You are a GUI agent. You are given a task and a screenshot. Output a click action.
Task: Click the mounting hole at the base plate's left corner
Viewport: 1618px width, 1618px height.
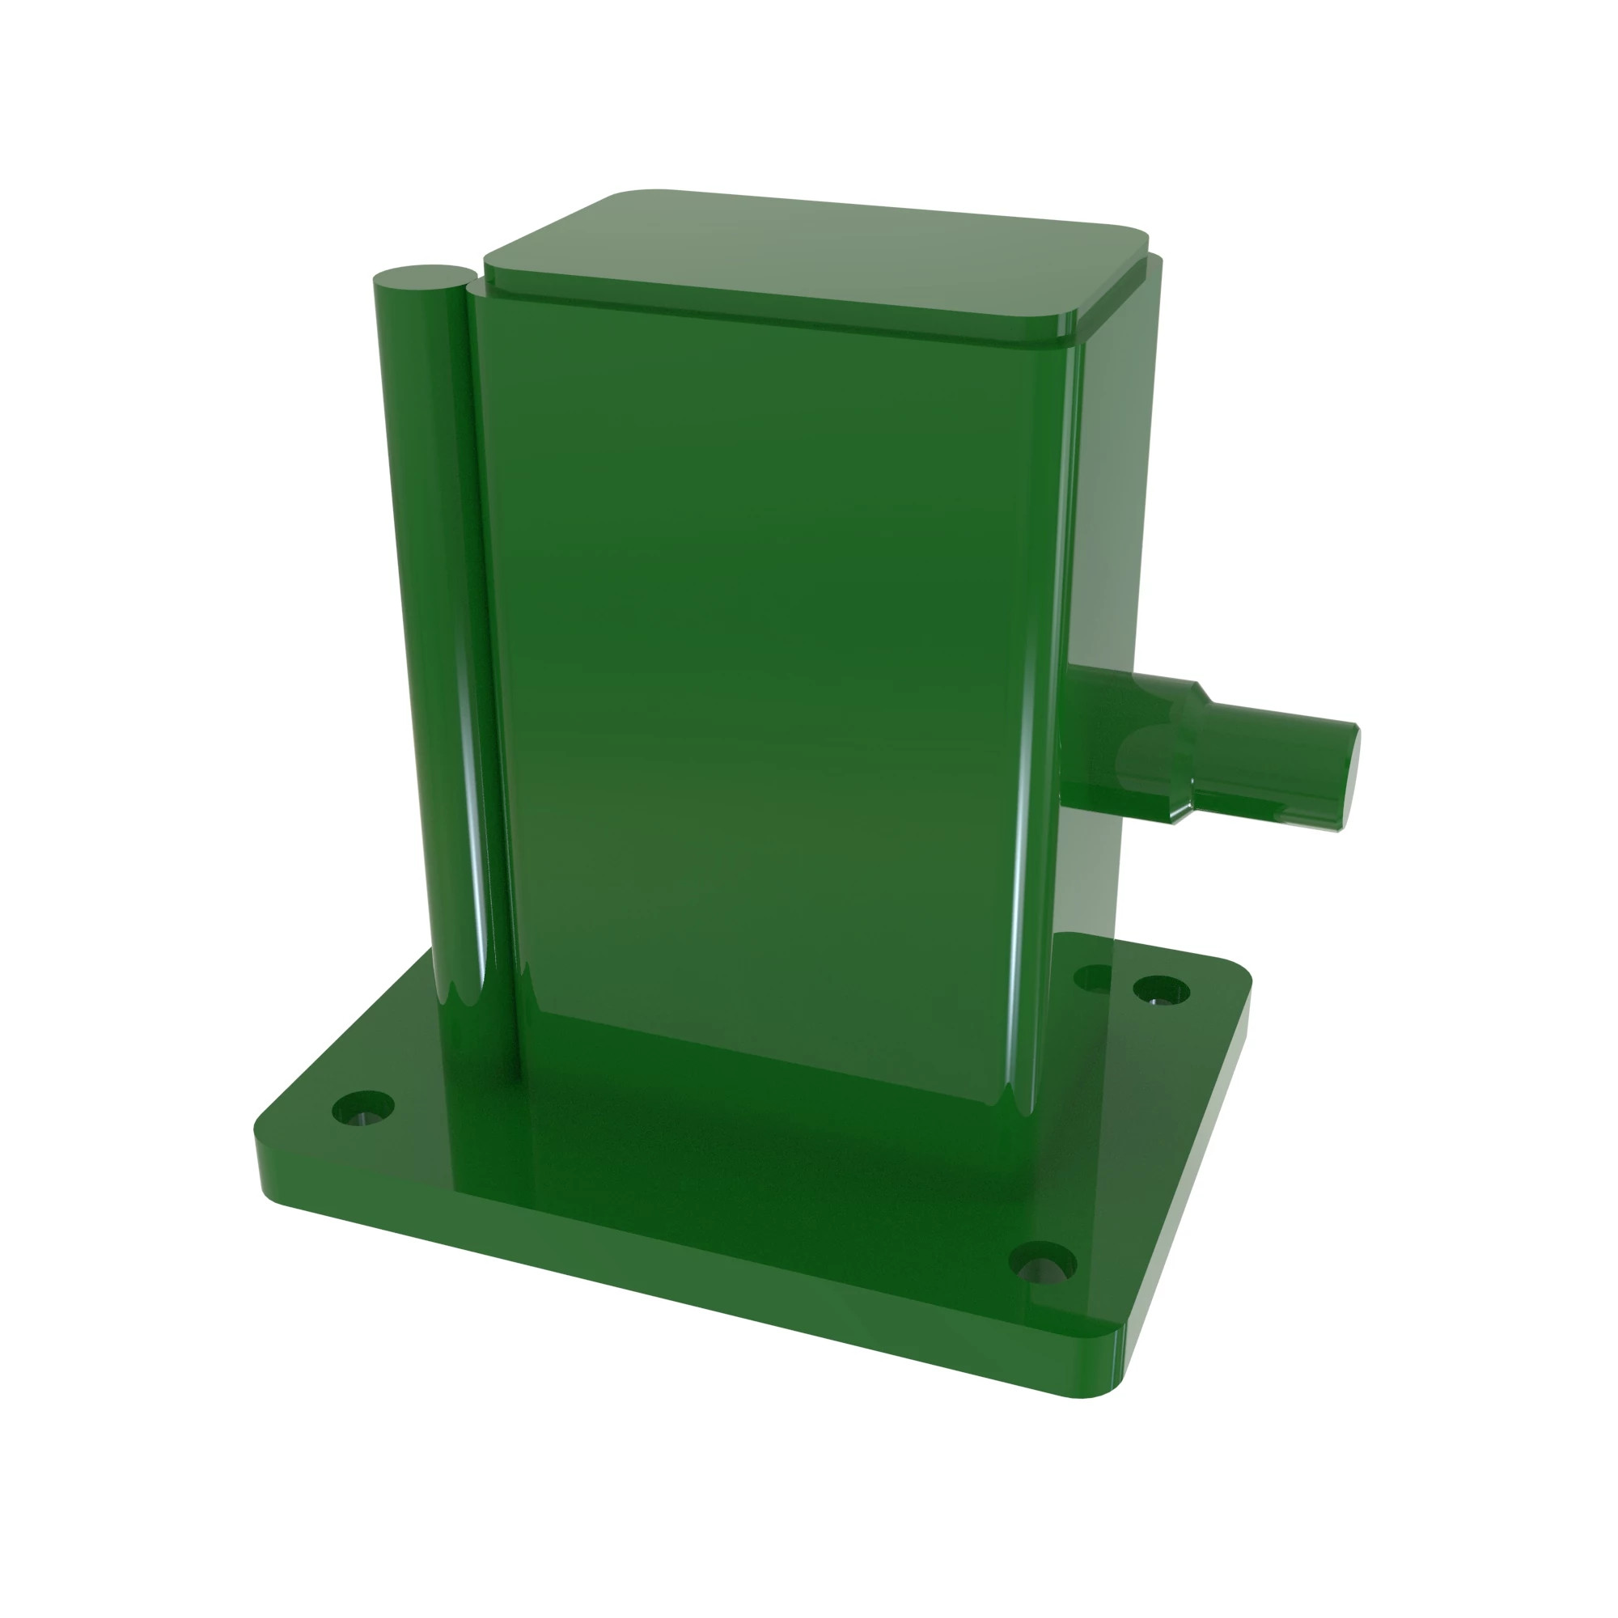(x=362, y=1108)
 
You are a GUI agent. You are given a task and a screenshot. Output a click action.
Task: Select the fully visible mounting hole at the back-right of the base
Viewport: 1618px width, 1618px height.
(x=1161, y=990)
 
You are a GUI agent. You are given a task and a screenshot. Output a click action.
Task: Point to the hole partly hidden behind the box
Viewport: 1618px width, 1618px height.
(x=1091, y=976)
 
